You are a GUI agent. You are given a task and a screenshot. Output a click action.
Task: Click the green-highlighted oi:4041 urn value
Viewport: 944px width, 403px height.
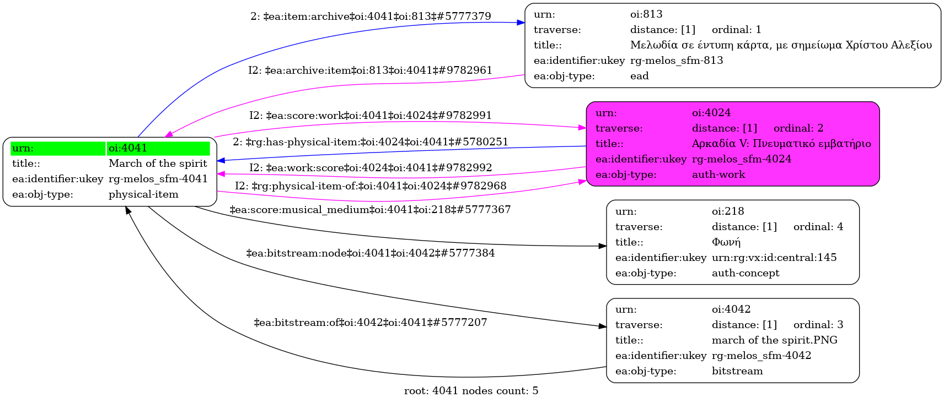point(128,148)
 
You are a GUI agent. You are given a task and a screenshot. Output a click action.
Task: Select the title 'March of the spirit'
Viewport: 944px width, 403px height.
point(158,164)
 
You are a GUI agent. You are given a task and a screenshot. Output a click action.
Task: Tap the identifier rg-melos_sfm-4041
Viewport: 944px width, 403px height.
point(158,179)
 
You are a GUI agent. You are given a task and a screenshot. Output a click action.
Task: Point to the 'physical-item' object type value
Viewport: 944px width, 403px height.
point(143,194)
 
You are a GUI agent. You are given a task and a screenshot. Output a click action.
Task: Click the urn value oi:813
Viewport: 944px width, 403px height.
point(646,14)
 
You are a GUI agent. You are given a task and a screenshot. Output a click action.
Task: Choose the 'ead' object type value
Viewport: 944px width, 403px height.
point(639,76)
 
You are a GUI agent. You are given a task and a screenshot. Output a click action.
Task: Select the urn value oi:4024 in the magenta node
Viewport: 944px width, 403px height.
point(711,113)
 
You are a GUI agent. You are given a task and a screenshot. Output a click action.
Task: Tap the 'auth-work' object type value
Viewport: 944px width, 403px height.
point(718,175)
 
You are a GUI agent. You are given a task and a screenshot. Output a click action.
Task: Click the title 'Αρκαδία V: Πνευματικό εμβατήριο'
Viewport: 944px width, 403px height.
point(781,144)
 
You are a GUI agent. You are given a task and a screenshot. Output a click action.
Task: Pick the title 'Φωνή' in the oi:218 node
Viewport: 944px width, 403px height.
point(726,242)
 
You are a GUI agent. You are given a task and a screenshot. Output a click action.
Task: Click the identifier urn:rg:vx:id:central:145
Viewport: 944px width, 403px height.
point(774,258)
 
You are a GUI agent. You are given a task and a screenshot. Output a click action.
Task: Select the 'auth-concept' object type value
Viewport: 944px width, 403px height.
point(745,273)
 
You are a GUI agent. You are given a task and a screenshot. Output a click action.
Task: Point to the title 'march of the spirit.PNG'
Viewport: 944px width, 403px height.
point(774,340)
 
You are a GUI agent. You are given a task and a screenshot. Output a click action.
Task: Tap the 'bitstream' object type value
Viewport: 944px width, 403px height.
point(737,371)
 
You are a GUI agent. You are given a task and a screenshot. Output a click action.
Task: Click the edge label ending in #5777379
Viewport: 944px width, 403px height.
point(371,17)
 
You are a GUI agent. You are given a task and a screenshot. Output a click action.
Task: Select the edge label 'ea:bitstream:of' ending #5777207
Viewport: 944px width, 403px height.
point(371,323)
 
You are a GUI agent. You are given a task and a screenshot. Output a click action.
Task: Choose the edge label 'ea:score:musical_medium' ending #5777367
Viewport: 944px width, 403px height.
point(370,210)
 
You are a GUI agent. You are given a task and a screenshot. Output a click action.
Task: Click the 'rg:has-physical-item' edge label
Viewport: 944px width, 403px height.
point(371,142)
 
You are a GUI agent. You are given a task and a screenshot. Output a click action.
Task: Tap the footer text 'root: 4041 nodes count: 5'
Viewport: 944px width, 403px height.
point(471,391)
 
